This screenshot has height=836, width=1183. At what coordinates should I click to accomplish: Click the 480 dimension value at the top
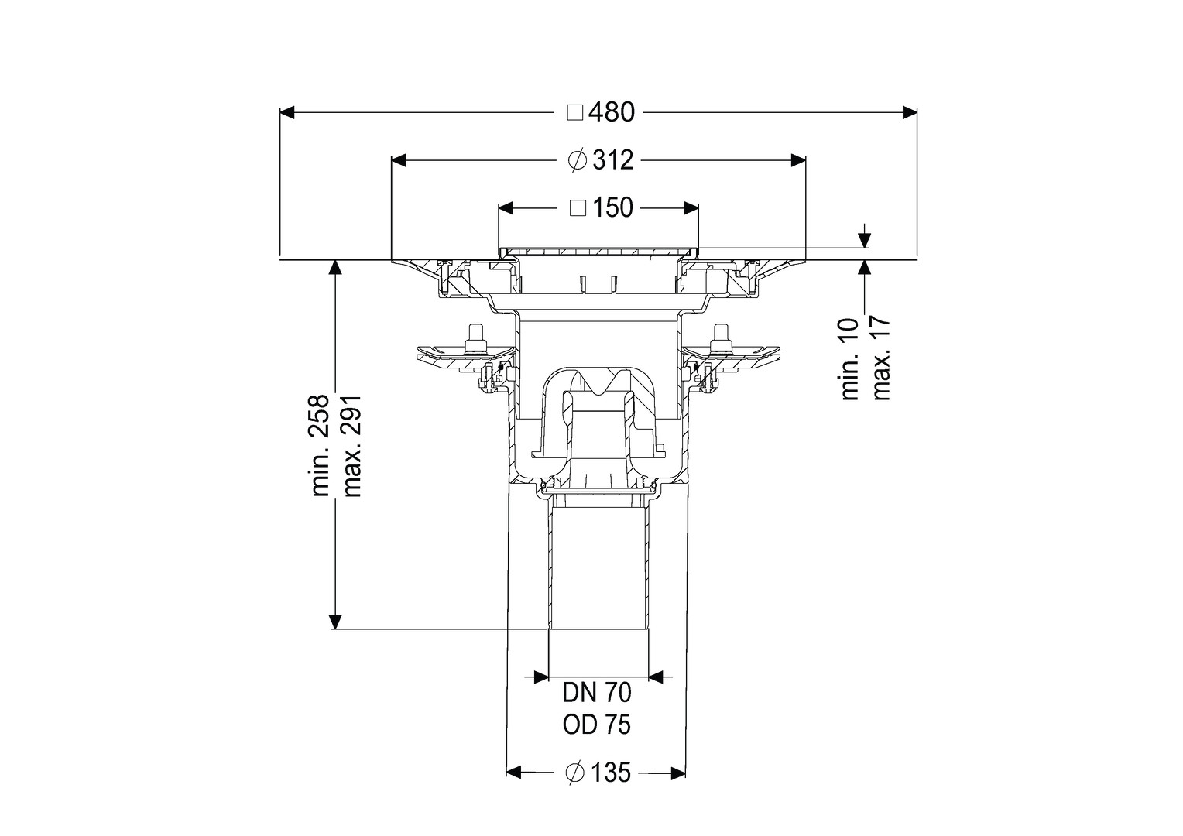point(612,112)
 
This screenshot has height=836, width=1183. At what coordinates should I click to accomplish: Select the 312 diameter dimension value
point(612,160)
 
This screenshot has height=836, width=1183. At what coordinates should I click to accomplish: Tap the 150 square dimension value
point(612,208)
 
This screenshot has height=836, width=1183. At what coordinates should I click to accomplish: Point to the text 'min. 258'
point(321,445)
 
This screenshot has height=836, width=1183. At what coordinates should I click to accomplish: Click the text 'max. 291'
point(351,445)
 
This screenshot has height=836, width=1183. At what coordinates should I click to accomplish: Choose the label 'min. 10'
point(850,359)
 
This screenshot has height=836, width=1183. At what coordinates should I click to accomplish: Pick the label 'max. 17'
point(881,359)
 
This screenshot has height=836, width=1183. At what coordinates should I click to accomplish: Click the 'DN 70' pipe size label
point(597,693)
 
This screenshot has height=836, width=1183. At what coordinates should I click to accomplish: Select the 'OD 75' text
point(597,725)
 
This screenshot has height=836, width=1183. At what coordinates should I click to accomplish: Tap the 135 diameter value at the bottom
point(611,773)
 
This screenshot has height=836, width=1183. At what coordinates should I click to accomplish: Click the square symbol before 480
point(575,113)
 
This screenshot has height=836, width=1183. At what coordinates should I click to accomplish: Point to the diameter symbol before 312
point(578,160)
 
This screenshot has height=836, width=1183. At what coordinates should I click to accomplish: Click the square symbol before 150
point(578,208)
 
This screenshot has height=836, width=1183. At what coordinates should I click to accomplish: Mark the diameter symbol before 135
point(574,773)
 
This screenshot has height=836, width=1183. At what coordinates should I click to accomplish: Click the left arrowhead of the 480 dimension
point(286,112)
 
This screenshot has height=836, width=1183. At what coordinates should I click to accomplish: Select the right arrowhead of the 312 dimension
point(798,160)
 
